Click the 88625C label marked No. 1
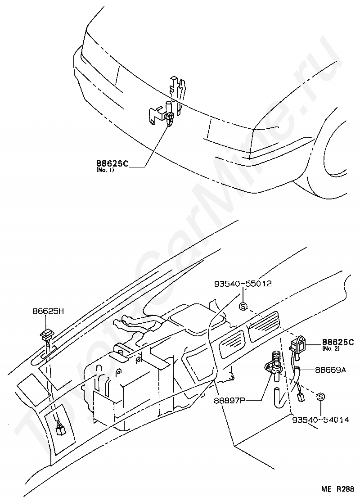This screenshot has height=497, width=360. click(x=112, y=163)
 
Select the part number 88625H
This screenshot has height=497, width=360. click(x=48, y=311)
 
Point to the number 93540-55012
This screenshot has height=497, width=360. click(x=243, y=284)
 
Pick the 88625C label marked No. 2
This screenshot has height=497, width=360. click(x=337, y=342)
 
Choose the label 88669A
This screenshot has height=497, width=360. click(x=330, y=370)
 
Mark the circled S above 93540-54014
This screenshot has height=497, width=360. click(x=320, y=397)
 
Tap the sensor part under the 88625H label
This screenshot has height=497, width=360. click(x=47, y=335)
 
